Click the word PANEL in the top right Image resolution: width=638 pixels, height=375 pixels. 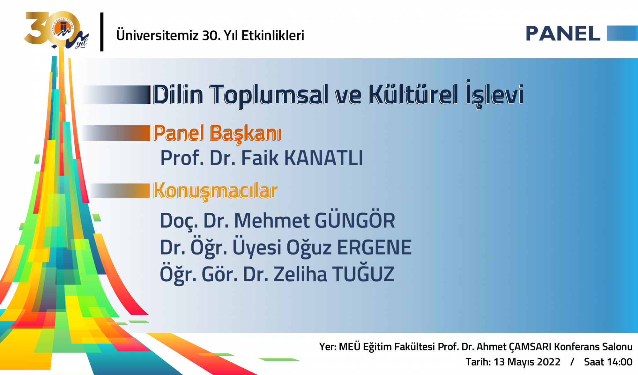click(563, 33)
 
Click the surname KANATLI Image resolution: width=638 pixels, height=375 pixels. click(323, 158)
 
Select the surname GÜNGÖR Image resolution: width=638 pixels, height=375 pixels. click(355, 220)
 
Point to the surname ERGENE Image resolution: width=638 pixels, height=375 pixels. click(374, 247)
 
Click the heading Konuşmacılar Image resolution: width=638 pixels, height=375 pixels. click(215, 191)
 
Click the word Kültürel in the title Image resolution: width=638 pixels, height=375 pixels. click(413, 94)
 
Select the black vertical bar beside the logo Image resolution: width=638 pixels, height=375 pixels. click(102, 32)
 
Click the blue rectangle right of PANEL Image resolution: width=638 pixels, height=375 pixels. click(622, 33)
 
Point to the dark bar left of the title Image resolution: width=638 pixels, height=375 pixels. click(117, 95)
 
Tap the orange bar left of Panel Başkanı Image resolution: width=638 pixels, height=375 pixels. click(116, 133)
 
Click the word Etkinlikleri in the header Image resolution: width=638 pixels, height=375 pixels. click(273, 35)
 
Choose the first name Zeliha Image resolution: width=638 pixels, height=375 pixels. click(300, 274)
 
